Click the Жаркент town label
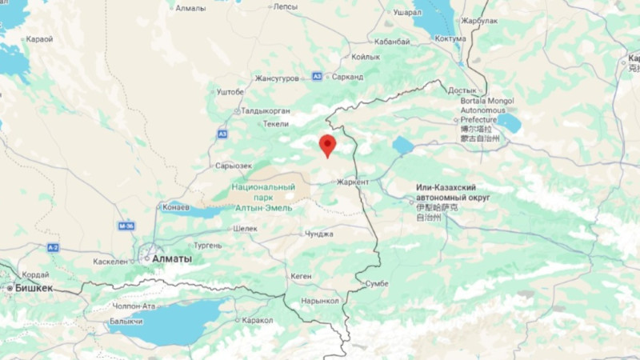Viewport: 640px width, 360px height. [353, 182]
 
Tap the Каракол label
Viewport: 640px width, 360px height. [258, 320]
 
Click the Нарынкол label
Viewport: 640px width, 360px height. [321, 301]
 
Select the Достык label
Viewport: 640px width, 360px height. [462, 90]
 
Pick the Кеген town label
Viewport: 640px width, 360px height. [301, 276]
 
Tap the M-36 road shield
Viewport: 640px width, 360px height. [125, 226]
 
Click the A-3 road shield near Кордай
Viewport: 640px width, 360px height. [53, 247]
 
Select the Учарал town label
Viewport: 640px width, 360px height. [407, 13]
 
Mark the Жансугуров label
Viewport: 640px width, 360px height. [277, 78]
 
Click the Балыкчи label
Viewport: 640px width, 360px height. [126, 322]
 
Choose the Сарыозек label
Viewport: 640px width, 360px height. [234, 166]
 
